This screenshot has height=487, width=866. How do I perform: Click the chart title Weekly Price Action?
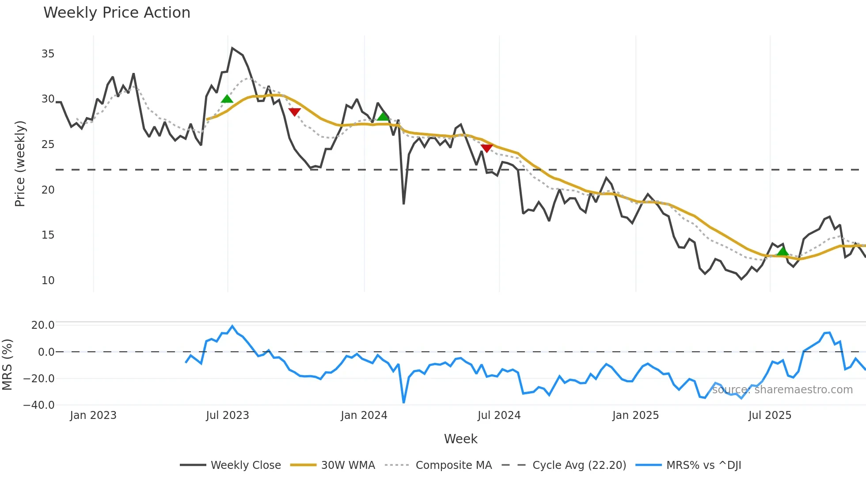pyautogui.click(x=117, y=13)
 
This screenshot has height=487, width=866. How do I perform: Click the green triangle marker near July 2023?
pyautogui.click(x=227, y=99)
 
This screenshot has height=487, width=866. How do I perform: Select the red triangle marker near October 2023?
pyautogui.click(x=294, y=112)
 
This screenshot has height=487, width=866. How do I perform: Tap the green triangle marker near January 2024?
pyautogui.click(x=383, y=117)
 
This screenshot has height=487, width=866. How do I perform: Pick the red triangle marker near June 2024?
pyautogui.click(x=486, y=148)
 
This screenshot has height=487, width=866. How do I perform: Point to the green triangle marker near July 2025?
pyautogui.click(x=782, y=251)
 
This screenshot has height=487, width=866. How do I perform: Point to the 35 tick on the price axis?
pyautogui.click(x=48, y=54)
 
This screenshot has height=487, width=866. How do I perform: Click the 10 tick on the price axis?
pyautogui.click(x=48, y=281)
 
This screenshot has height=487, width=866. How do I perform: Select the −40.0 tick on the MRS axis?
pyautogui.click(x=39, y=405)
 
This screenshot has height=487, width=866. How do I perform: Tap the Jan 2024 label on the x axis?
pyautogui.click(x=364, y=415)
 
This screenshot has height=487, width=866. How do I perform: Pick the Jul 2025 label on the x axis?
pyautogui.click(x=770, y=415)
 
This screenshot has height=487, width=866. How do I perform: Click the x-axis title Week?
pyautogui.click(x=460, y=439)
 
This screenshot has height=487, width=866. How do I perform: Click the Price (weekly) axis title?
pyautogui.click(x=20, y=164)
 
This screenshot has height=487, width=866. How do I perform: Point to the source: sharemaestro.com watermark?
pyautogui.click(x=782, y=390)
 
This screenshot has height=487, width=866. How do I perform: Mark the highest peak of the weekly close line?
pyautogui.click(x=232, y=48)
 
